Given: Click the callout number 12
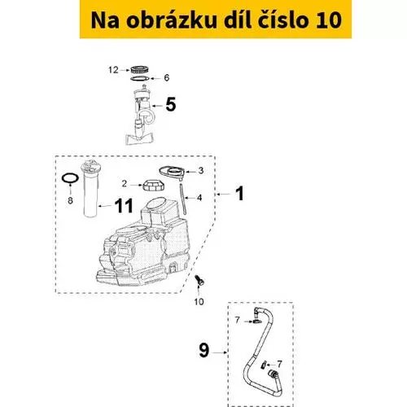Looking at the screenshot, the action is click(113, 70).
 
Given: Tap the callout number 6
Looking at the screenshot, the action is click(167, 78).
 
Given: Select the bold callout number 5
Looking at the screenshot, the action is click(171, 105).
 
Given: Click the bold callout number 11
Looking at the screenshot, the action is click(124, 205).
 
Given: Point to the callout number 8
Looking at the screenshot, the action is click(70, 200).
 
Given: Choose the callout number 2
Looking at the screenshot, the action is click(125, 184).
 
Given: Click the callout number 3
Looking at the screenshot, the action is click(201, 171).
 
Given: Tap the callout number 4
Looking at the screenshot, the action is click(199, 198).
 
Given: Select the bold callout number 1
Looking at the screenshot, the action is click(239, 194).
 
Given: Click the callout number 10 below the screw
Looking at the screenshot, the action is click(199, 301).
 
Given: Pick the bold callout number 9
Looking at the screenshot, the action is click(204, 350).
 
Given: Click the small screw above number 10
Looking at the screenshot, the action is click(199, 280).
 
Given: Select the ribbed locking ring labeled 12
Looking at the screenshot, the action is click(139, 69).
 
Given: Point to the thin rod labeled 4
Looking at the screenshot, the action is click(182, 199).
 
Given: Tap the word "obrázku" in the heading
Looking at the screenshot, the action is click(171, 20).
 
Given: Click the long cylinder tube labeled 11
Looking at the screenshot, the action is click(90, 189).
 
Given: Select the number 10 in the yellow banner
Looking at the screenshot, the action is click(329, 20).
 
